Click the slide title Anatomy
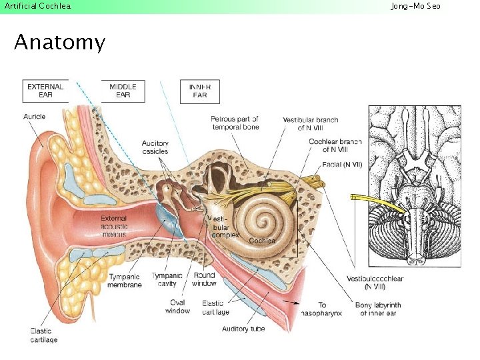[x=59, y=43]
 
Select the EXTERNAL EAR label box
[x=45, y=91]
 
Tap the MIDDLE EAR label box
[x=123, y=91]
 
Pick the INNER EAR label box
[x=200, y=91]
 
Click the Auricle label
[x=34, y=117]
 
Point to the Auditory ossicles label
[x=155, y=147]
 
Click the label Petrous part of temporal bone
[x=235, y=123]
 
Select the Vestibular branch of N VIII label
[x=310, y=123]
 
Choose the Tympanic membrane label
[x=125, y=281]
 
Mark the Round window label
[x=204, y=279]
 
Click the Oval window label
[x=177, y=306]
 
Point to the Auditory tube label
[x=243, y=329]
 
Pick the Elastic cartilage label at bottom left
[x=44, y=335]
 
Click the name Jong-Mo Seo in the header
[x=415, y=6]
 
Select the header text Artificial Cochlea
[x=37, y=6]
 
